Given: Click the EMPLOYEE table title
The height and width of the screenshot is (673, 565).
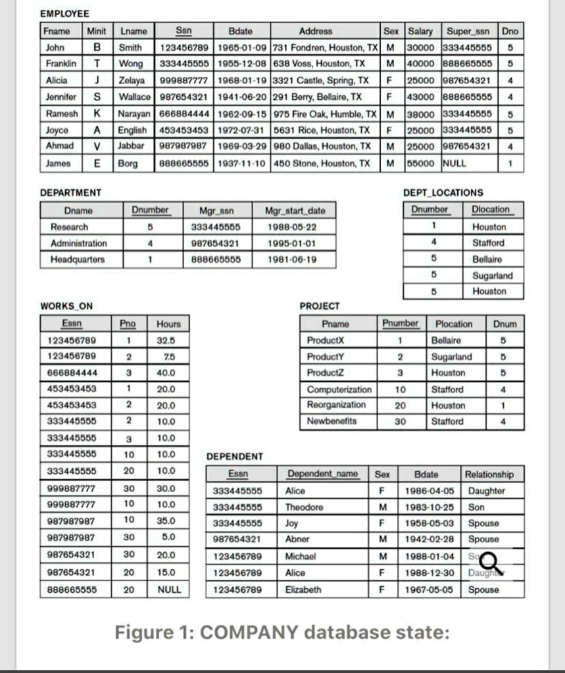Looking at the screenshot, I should point(65,14).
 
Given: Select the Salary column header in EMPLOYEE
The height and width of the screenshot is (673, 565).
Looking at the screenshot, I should point(420,31).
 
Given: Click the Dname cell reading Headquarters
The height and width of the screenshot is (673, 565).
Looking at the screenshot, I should point(78,259).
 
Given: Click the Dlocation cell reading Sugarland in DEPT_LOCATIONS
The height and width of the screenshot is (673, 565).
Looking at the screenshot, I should point(493,275).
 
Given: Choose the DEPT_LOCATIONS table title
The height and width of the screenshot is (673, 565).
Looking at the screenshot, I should point(442,193).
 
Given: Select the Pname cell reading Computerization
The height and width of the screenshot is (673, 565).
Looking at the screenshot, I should point(339,389).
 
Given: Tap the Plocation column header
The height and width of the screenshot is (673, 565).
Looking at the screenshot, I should point(454,324).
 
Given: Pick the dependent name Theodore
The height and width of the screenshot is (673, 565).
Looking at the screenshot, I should point(304,507).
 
